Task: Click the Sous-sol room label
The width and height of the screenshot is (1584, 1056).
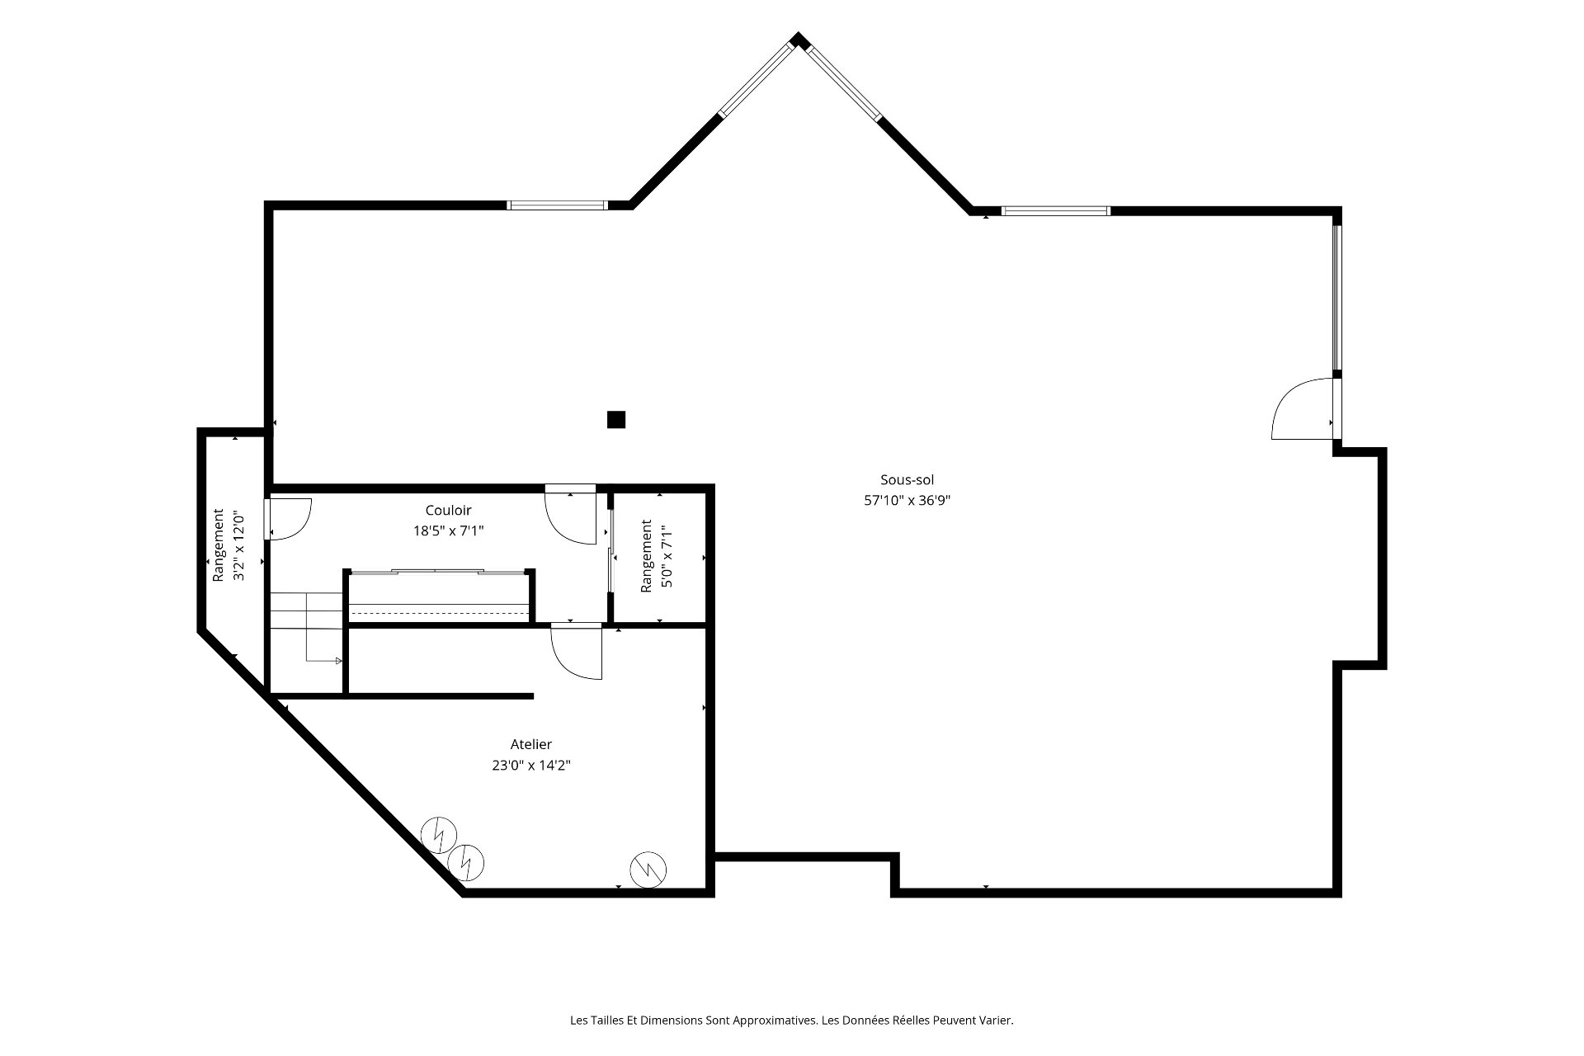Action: tap(907, 480)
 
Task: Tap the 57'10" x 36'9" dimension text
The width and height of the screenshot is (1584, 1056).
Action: tap(907, 500)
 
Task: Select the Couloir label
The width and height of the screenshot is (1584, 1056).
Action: tap(448, 511)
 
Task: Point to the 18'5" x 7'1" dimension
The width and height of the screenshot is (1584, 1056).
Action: tap(448, 531)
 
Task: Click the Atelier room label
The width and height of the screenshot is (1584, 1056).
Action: tap(531, 745)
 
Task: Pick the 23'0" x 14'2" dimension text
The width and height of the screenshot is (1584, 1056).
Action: tap(531, 766)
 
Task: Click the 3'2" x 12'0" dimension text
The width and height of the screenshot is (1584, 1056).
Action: tap(239, 546)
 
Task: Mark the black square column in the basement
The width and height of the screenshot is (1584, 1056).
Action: tap(616, 420)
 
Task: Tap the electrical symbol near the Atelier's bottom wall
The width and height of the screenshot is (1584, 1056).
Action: tap(648, 870)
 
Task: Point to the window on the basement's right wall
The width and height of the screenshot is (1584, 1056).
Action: tap(1337, 298)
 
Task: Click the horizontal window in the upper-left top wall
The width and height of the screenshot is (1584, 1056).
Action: tap(558, 205)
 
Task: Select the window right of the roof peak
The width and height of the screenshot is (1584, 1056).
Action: tap(844, 82)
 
